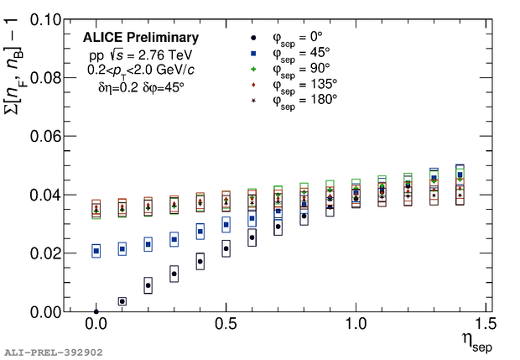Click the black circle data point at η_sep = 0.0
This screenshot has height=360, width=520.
(96, 311)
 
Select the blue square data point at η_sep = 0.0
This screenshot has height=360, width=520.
(96, 250)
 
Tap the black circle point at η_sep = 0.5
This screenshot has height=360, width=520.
(226, 248)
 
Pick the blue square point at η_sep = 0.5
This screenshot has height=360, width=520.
(226, 224)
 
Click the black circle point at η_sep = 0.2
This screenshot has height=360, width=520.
(148, 285)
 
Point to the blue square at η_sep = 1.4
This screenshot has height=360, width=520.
(460, 175)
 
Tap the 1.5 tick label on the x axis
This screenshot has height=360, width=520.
(486, 324)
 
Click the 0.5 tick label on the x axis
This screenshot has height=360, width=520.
(226, 324)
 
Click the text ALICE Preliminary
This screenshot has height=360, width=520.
(141, 38)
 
